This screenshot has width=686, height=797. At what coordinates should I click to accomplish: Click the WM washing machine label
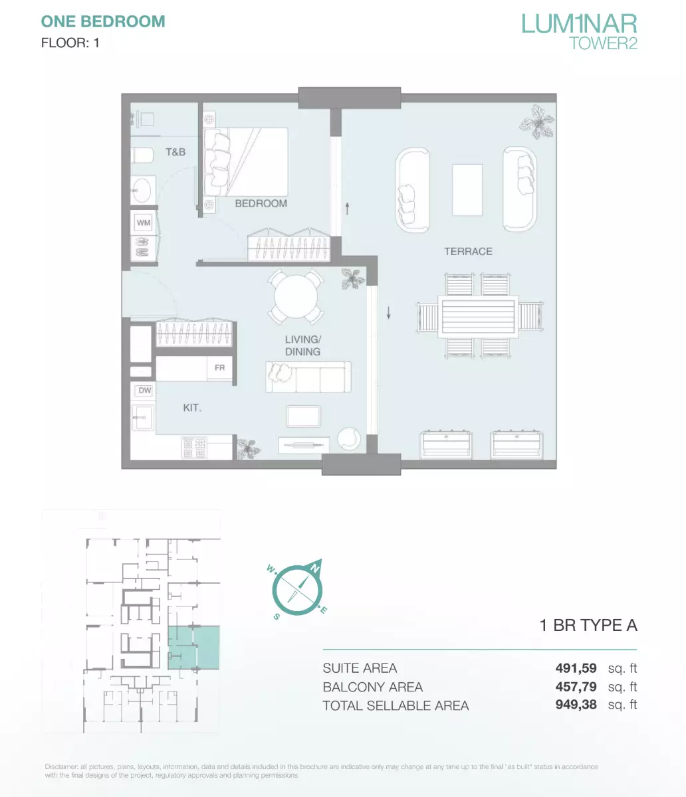click(144, 223)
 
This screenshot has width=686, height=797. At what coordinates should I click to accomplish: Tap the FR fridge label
click(219, 368)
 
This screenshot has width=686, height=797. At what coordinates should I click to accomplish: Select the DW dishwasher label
click(145, 391)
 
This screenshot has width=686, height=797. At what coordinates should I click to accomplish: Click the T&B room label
click(175, 152)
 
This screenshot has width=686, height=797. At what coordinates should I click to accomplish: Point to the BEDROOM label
click(261, 204)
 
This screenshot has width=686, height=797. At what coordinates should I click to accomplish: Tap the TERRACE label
click(468, 252)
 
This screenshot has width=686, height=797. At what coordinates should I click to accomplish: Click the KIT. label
click(192, 408)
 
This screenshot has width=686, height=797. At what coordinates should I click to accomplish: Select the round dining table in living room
click(296, 296)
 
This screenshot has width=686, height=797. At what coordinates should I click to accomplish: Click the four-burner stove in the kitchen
click(194, 447)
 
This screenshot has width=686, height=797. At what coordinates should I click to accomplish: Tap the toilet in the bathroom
click(142, 156)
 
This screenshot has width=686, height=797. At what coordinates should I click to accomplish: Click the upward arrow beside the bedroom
click(347, 209)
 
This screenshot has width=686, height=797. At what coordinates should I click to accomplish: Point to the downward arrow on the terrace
click(388, 313)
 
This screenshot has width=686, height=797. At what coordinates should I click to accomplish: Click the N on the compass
click(316, 569)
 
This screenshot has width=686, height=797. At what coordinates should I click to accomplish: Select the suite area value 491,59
click(576, 668)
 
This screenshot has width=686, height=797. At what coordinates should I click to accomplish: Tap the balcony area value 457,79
click(576, 686)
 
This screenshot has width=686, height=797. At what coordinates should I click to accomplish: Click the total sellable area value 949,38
click(576, 705)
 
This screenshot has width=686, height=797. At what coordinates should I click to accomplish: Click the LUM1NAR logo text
click(579, 24)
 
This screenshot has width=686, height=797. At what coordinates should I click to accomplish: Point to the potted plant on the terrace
click(536, 122)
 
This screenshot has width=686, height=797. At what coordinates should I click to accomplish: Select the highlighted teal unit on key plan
click(193, 648)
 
